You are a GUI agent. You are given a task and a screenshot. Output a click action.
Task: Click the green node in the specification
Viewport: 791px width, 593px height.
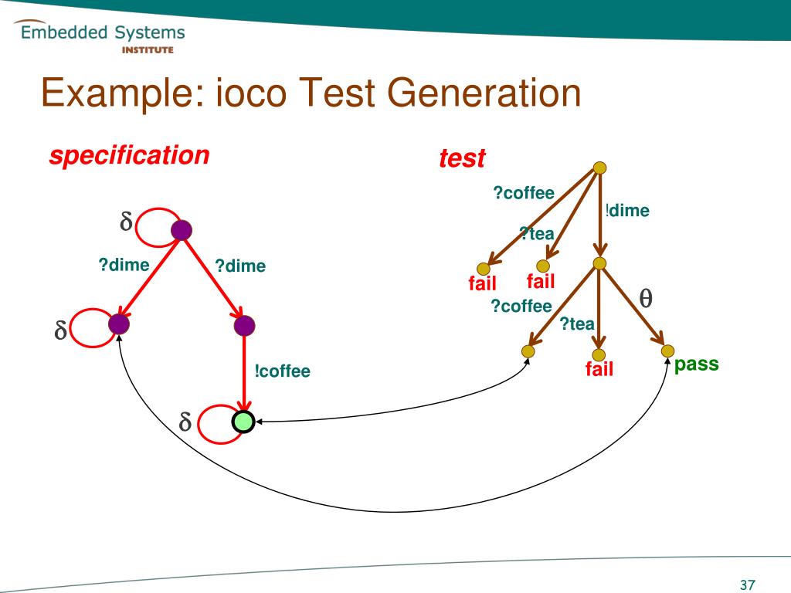tap(243, 422)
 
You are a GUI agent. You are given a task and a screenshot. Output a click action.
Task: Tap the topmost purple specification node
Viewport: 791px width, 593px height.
tap(181, 229)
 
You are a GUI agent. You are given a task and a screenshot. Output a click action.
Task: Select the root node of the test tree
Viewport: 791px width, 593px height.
tap(599, 168)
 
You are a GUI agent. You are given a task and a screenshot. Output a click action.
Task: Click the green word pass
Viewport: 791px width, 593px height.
tap(696, 364)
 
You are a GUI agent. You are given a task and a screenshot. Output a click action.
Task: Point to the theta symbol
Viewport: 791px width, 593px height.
tap(646, 297)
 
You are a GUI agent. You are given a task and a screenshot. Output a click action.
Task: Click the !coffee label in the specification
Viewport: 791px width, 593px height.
tap(283, 371)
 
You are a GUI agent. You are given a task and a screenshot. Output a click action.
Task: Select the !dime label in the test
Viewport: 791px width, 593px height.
tap(627, 210)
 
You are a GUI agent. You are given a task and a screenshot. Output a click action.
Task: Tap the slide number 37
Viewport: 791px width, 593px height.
tap(747, 585)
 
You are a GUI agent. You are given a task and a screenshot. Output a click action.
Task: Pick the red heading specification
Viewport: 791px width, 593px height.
tap(129, 155)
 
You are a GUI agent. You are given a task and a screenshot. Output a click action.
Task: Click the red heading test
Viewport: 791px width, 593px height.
tap(462, 158)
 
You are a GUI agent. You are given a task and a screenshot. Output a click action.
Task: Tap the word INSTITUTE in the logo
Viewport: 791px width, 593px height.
tap(148, 50)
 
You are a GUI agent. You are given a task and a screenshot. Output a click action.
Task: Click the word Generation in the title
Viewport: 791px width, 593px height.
tap(484, 94)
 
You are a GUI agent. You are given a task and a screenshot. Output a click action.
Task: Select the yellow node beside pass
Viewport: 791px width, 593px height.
tap(668, 351)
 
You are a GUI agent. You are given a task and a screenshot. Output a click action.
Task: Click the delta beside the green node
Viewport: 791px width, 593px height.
tap(185, 423)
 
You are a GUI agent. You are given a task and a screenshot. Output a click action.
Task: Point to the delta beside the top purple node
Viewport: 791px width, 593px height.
tap(126, 222)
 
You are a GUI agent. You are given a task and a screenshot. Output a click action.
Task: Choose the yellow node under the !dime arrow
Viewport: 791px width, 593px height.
tap(599, 264)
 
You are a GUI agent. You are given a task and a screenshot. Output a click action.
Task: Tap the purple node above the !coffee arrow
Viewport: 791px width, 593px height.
tap(243, 325)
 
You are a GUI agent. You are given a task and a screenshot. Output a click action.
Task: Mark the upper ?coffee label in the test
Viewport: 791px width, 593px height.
tap(524, 193)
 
